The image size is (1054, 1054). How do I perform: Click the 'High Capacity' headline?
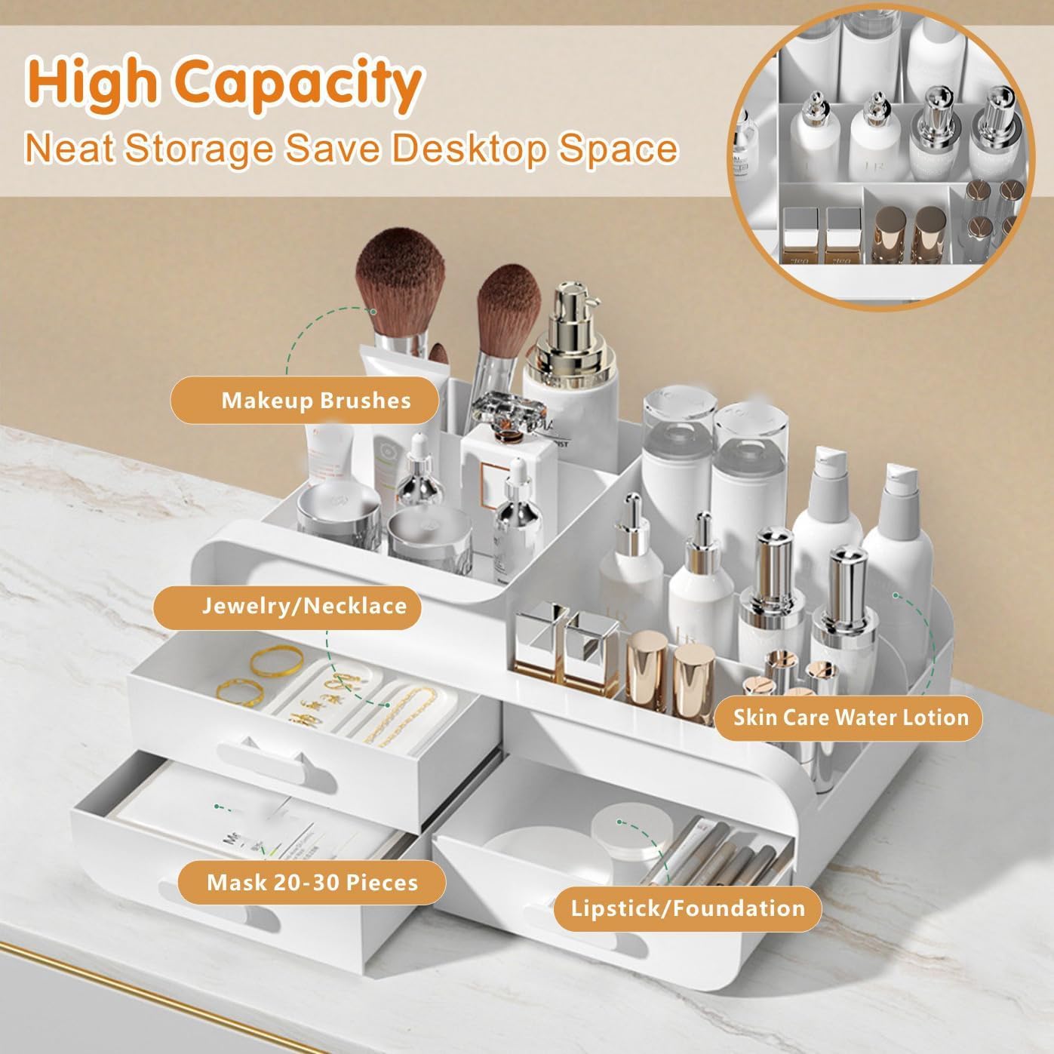click(224, 84)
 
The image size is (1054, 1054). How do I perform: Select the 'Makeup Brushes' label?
click(305, 400)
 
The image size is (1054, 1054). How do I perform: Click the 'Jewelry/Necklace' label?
click(287, 607)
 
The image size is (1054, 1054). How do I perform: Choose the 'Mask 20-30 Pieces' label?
click(312, 882)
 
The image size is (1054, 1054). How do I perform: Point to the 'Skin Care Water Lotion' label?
click(850, 717)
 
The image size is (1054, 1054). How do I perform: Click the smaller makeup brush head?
click(509, 296)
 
